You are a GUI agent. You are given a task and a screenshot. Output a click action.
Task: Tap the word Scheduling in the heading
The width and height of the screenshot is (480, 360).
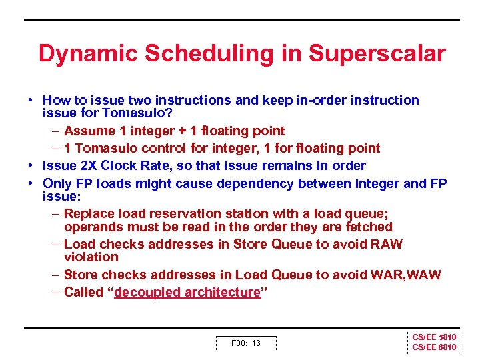[209, 54]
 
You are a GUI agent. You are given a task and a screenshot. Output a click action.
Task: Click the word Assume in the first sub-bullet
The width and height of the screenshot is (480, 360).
[89, 131]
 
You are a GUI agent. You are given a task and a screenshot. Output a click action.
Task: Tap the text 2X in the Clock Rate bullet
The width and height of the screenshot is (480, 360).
[89, 165]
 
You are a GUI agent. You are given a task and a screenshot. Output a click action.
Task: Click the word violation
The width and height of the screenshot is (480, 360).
[91, 257]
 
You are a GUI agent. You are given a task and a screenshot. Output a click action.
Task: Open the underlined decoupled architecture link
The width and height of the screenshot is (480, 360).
[187, 292]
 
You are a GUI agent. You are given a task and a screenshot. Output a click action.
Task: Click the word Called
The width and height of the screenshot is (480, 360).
[83, 292]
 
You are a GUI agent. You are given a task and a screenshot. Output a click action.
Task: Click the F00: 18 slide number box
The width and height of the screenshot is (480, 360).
[245, 343]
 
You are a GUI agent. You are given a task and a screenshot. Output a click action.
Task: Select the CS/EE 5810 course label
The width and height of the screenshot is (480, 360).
[434, 338]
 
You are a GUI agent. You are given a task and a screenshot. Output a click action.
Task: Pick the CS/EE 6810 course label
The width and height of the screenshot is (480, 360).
[434, 348]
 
